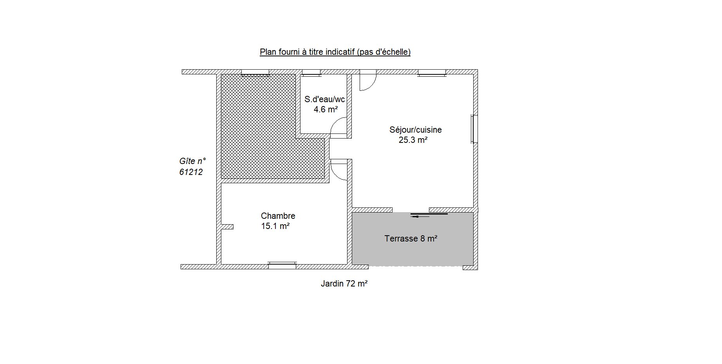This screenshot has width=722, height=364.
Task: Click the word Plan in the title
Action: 267,52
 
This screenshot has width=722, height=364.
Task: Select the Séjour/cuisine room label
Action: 416,130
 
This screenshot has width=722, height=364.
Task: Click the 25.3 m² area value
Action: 413,140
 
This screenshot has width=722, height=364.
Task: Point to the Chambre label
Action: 278,216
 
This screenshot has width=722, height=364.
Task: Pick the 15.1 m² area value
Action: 275,226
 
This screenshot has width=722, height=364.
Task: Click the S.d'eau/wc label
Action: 325,99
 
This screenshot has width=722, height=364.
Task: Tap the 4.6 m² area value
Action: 326,109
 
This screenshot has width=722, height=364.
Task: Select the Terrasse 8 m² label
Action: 411,238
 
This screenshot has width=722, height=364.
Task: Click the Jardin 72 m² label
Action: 344,284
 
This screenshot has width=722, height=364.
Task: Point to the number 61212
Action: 191,172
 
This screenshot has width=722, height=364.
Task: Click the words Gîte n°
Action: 193,161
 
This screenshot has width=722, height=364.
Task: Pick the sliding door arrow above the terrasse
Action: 420,216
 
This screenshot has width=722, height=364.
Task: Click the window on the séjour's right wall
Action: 474,129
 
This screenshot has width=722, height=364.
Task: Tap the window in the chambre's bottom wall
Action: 282,265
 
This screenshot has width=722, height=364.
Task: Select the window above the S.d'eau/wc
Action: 311,73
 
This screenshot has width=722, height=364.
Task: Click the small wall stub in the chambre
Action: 227,227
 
